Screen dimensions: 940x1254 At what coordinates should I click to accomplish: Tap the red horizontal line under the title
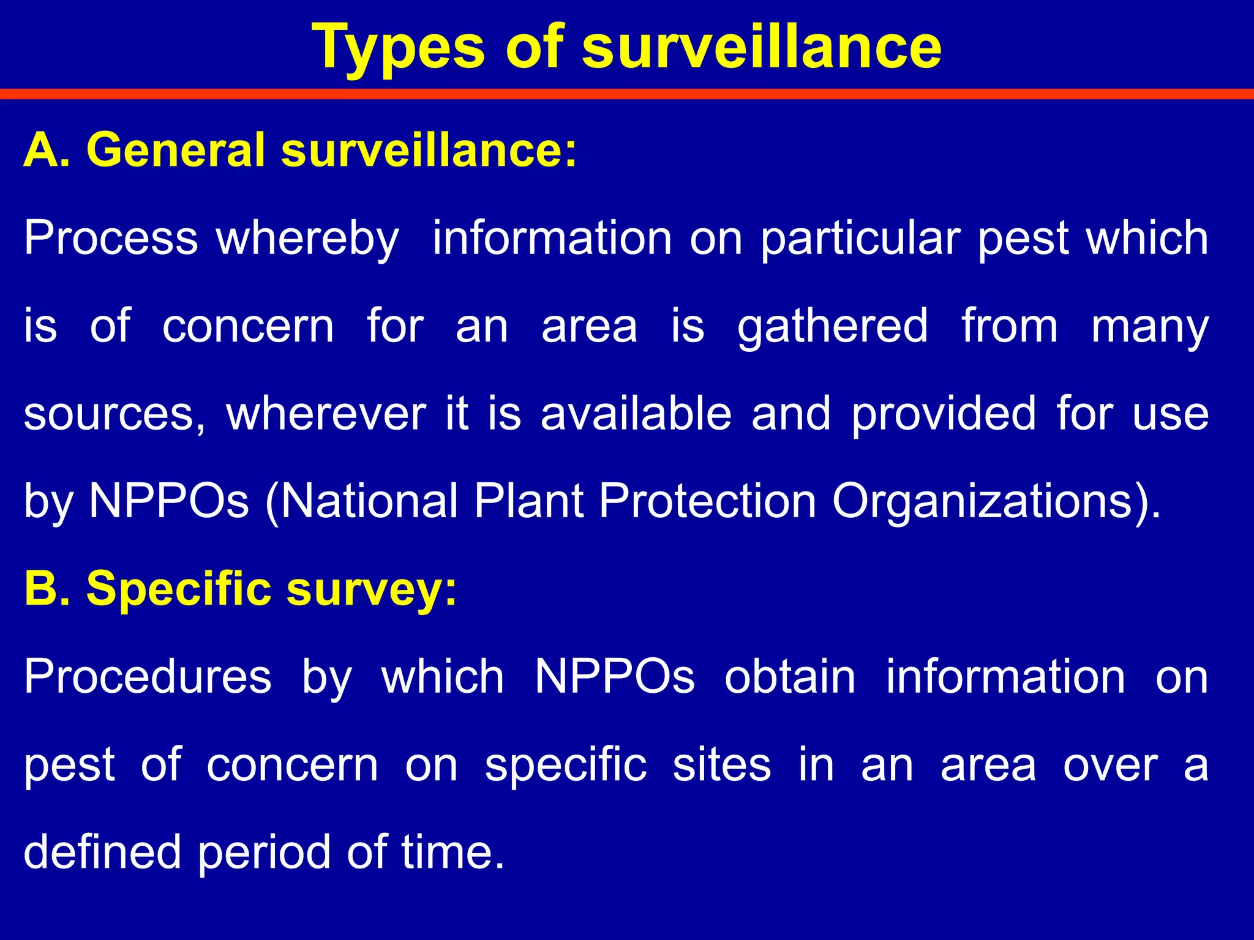[x=627, y=94]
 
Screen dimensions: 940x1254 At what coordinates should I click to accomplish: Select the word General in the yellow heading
[x=175, y=150]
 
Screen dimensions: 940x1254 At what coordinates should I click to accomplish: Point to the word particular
[x=860, y=239]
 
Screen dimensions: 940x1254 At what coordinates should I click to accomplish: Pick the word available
[x=636, y=414]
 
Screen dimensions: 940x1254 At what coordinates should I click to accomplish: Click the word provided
[x=944, y=414]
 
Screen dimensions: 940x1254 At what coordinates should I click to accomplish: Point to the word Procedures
[x=148, y=677]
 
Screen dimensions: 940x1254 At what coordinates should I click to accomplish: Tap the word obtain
[x=790, y=677]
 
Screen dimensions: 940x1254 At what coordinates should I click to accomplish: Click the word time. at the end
[x=453, y=852]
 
